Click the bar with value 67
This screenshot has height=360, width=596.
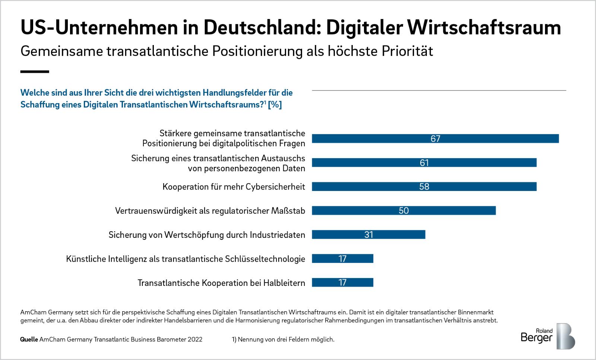click(x=435, y=138)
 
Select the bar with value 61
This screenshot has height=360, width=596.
click(x=424, y=163)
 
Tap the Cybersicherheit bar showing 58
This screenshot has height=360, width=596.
click(x=424, y=187)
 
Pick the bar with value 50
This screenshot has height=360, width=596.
click(x=404, y=211)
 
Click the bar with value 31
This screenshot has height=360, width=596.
click(x=368, y=235)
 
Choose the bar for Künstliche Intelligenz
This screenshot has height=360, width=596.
click(x=342, y=258)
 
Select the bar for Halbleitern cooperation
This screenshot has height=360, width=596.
click(x=342, y=283)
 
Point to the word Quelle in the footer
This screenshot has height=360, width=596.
click(x=29, y=340)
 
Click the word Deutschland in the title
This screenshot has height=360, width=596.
click(x=257, y=28)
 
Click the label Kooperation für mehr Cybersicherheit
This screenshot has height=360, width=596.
click(x=234, y=187)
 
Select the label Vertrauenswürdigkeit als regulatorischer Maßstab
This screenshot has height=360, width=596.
click(x=210, y=211)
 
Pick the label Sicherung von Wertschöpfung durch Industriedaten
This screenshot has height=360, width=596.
click(x=207, y=235)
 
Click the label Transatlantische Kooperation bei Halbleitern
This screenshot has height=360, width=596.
click(x=221, y=283)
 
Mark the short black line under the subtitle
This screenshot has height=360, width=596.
click(x=35, y=71)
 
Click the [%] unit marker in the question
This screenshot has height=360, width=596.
click(x=275, y=105)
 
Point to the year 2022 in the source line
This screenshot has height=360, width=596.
click(x=195, y=340)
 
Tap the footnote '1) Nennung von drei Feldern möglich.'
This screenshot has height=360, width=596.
click(x=283, y=340)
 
